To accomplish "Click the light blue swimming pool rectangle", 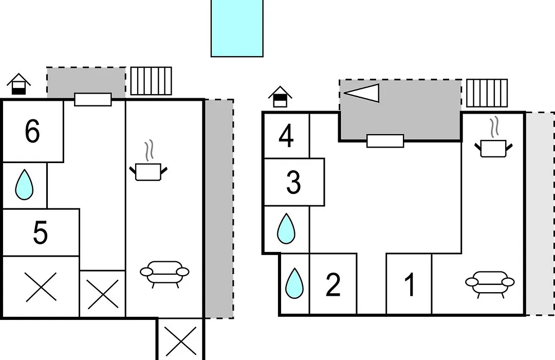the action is point(237,28).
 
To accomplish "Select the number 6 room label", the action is point(32,131).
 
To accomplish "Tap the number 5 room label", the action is point(40,232).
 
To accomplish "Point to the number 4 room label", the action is point(286,136).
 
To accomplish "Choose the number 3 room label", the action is point(293,182).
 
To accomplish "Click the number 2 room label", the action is point(333,284).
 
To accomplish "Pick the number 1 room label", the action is point(410,284).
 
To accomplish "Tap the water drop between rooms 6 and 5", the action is point(25,184).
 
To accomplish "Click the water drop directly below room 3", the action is point(286,228).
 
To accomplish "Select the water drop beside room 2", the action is point(294,283).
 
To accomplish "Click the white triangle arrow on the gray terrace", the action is point(361,93).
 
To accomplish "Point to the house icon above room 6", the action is point(19,84).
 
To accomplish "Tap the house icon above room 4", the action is point(280,96).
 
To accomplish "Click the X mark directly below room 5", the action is point(41,287).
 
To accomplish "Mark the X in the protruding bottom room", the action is point(181,341).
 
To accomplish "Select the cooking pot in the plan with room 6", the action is point(149,166).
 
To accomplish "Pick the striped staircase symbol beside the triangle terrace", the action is point(487,93).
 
